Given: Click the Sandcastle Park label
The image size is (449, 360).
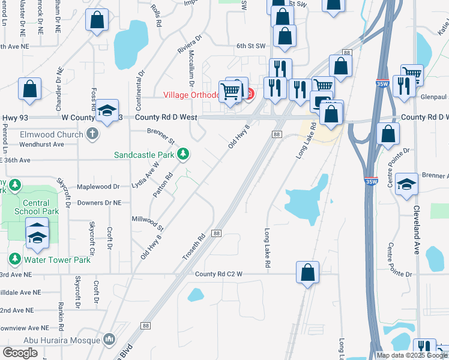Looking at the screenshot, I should (x=144, y=155).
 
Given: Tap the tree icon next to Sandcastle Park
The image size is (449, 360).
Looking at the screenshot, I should (x=182, y=155).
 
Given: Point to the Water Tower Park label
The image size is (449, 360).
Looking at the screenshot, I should (x=56, y=260).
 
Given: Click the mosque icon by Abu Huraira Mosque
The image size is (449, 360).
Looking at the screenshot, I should (x=109, y=340).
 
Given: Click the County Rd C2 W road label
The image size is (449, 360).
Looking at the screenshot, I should (x=218, y=274).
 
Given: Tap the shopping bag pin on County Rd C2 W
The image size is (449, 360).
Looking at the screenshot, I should (x=307, y=272).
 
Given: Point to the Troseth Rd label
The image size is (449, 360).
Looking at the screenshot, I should (x=194, y=247).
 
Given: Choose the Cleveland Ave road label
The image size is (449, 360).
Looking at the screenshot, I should (x=415, y=230).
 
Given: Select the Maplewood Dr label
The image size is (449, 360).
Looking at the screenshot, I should (x=99, y=187).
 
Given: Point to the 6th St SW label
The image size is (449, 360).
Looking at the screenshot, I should (x=250, y=46).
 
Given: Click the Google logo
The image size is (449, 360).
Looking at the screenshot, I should (x=20, y=353).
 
